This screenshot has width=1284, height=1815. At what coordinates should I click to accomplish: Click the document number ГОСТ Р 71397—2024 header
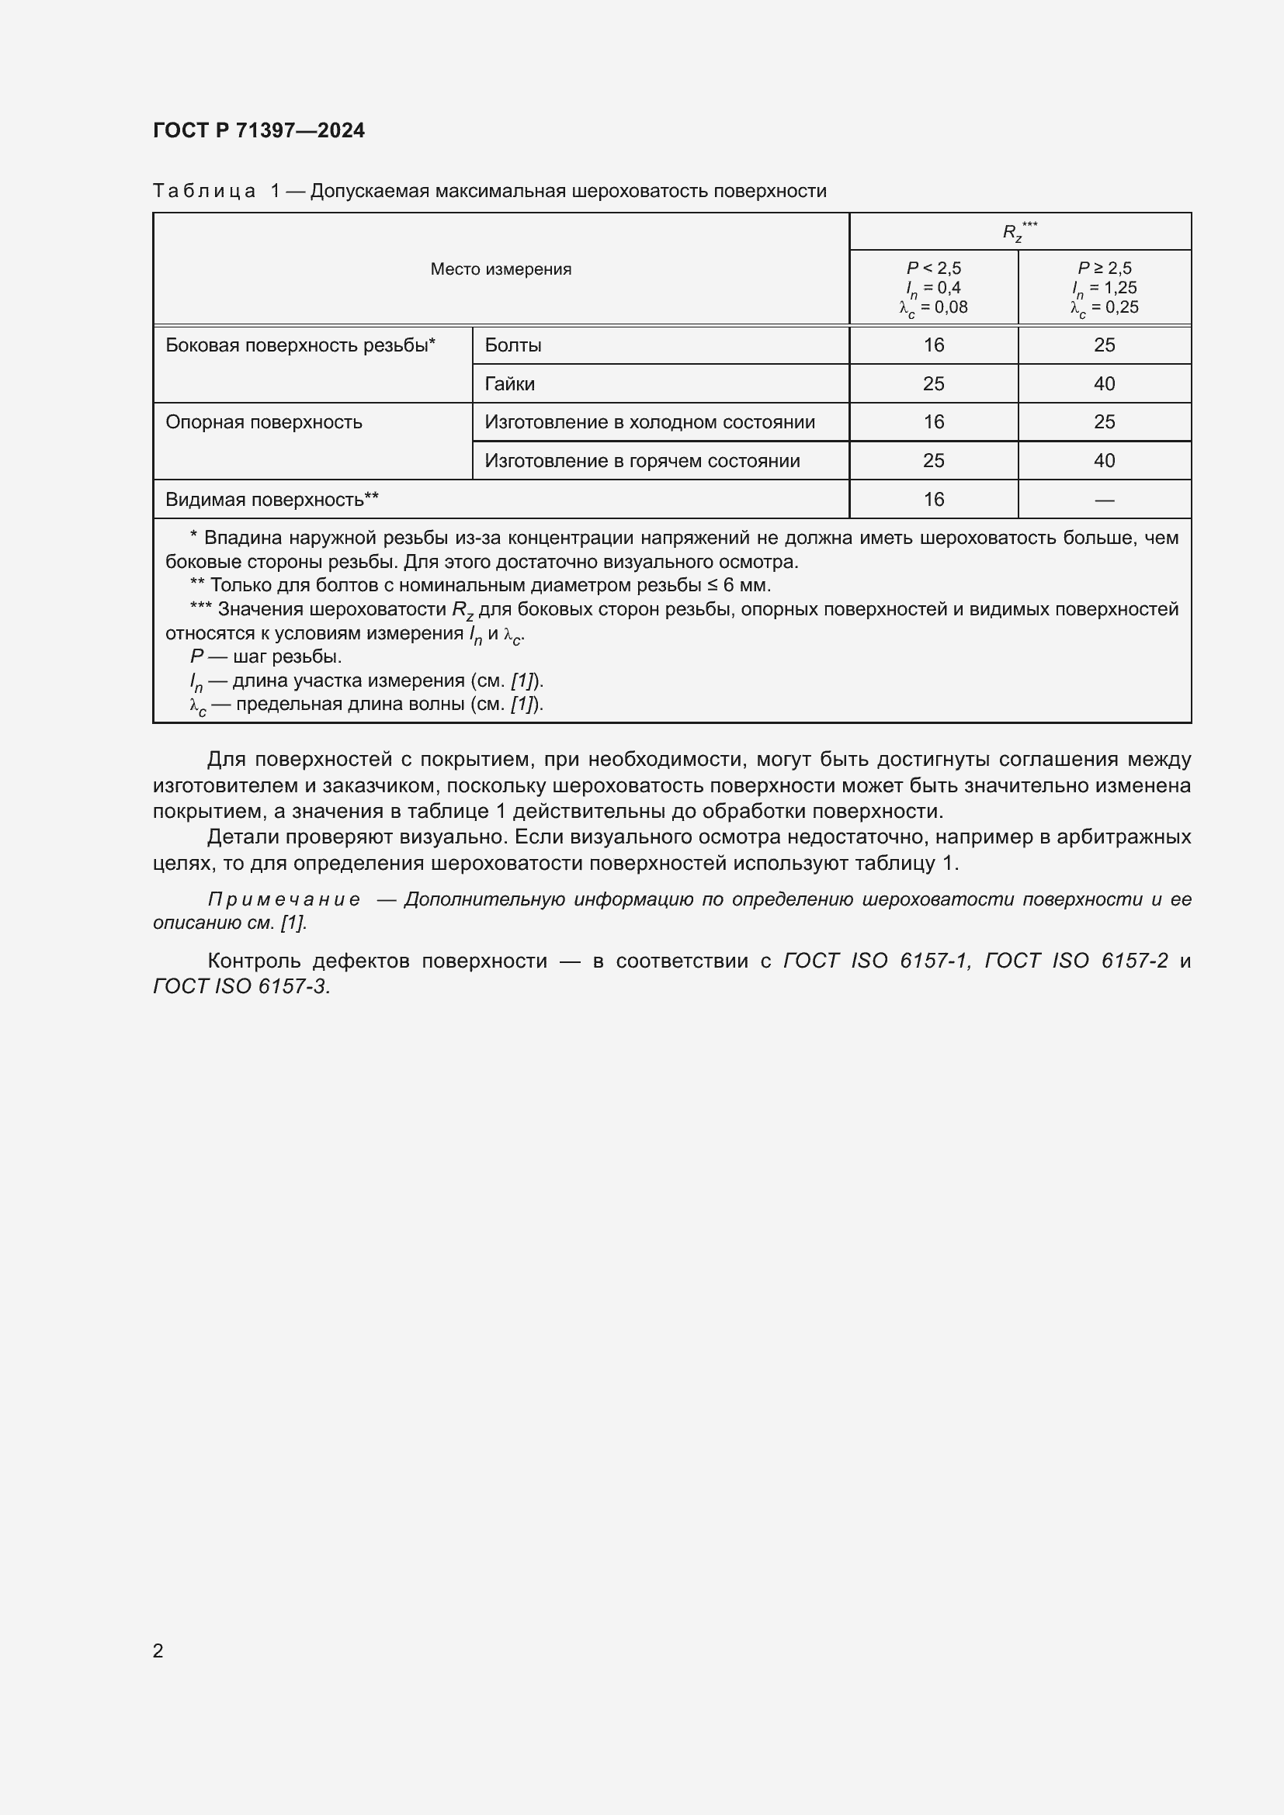click(x=259, y=130)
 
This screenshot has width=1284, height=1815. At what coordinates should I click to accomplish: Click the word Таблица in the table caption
click(x=204, y=192)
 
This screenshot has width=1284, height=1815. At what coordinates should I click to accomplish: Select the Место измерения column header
click(x=501, y=268)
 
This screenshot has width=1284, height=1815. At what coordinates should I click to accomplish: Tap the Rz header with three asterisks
click(x=1019, y=231)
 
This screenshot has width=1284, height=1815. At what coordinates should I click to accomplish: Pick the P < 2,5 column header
click(x=933, y=287)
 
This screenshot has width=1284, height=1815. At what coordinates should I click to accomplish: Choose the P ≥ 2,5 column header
click(x=1105, y=287)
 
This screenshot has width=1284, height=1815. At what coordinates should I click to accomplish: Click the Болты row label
click(x=513, y=345)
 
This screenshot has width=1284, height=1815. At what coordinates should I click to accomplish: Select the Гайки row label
click(x=510, y=384)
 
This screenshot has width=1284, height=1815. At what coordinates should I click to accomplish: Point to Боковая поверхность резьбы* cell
click(x=300, y=345)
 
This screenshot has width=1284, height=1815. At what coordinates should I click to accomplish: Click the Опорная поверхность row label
click(x=264, y=422)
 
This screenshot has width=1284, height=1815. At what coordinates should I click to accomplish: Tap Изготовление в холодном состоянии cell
click(x=650, y=422)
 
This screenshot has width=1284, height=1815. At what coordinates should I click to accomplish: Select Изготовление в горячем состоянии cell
click(x=642, y=461)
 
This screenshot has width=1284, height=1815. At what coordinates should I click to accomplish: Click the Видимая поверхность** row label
click(x=272, y=500)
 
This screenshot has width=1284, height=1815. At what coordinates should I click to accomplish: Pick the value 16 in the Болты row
click(x=934, y=345)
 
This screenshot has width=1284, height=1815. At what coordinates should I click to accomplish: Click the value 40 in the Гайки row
click(x=1105, y=384)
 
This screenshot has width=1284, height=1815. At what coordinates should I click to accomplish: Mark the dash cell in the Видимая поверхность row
click(x=1105, y=500)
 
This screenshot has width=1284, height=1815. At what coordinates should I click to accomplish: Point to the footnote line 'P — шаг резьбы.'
click(x=265, y=657)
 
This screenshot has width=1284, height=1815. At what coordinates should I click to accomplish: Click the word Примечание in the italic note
click(x=284, y=899)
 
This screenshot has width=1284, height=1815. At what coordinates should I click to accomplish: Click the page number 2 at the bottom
click(x=158, y=1650)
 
